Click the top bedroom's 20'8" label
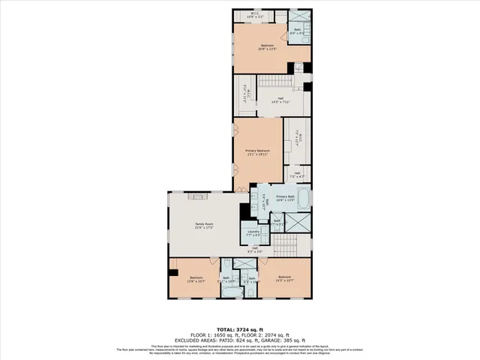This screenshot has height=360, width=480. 267,47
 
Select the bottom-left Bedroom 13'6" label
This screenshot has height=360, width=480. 196,279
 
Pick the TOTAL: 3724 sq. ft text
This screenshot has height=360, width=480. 240,330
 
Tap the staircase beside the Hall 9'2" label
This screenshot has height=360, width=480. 286,244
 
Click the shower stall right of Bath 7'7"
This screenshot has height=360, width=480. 298,223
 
